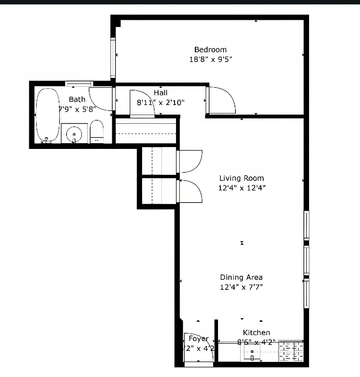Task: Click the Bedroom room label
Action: [210, 49]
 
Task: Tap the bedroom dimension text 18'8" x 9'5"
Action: [210, 60]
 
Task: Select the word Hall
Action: [160, 93]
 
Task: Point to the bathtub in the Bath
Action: [47, 115]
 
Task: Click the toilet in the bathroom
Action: [97, 131]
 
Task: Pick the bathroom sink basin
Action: [74, 134]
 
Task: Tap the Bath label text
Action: [77, 99]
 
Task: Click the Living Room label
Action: [241, 178]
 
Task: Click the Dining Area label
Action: [241, 278]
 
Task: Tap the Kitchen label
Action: [256, 333]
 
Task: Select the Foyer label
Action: [198, 339]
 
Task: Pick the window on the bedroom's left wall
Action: [113, 57]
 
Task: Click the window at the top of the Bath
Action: [78, 84]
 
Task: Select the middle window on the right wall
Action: [306, 260]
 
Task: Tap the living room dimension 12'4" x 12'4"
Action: [241, 188]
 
